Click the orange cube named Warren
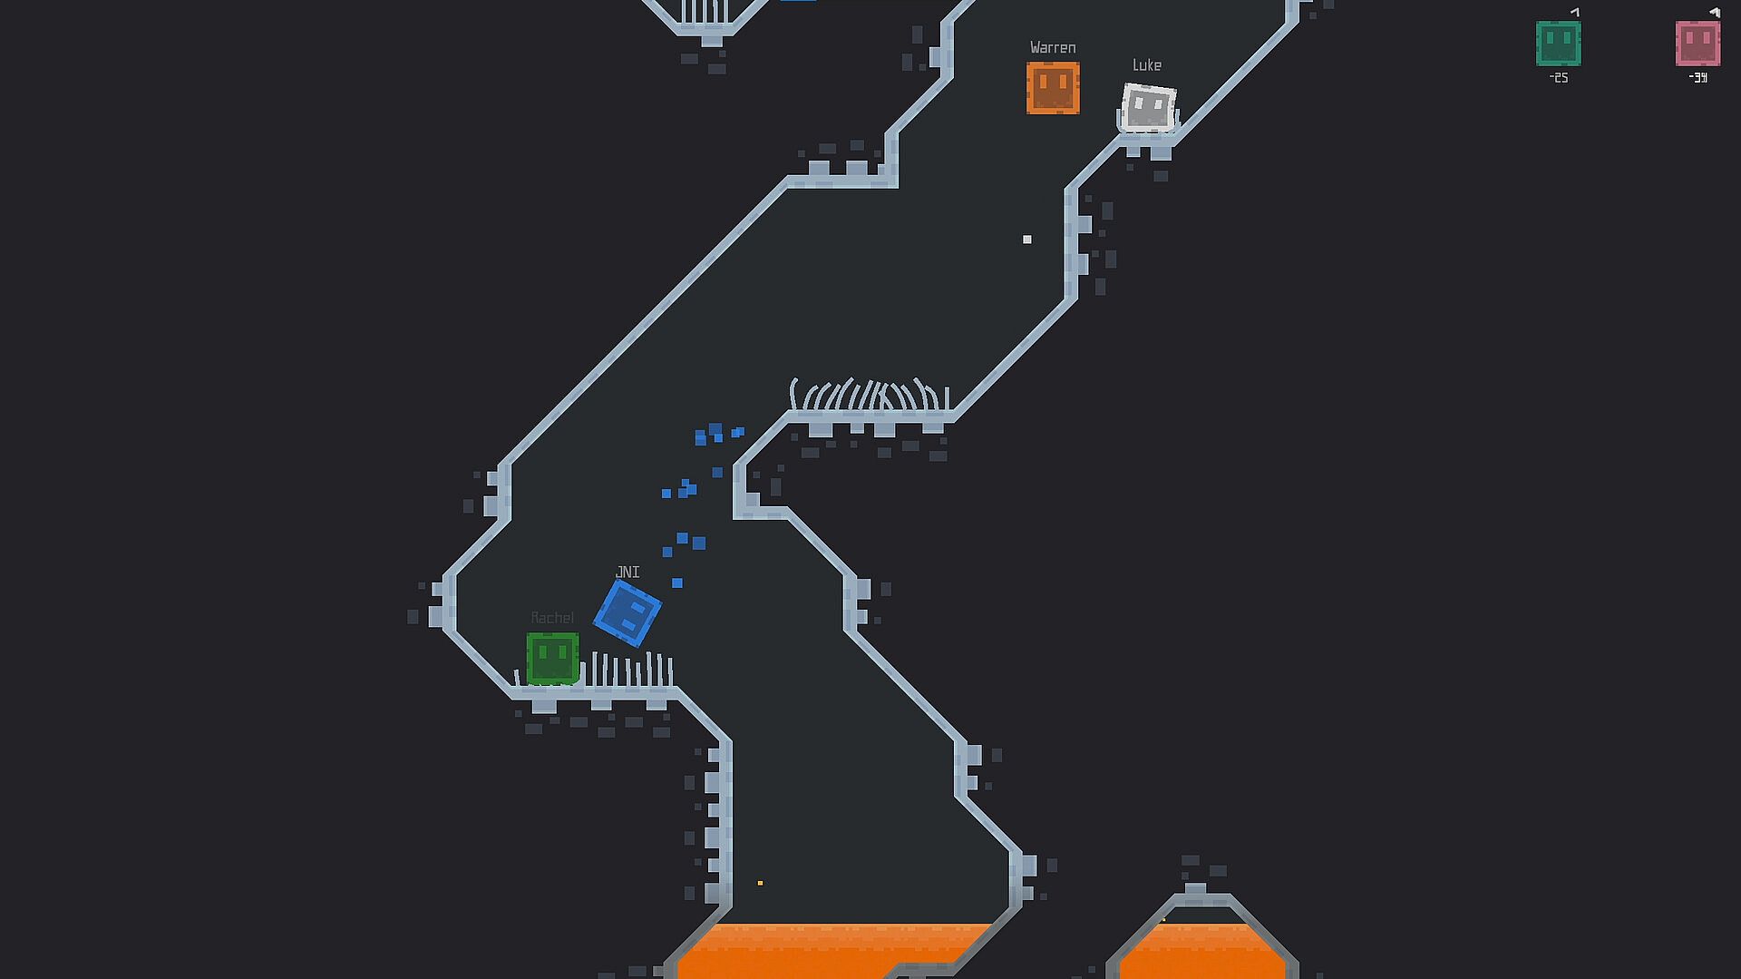1053,88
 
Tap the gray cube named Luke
1148,108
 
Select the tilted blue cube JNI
627,613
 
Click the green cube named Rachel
552,658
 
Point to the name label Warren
1053,48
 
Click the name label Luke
1147,65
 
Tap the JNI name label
627,573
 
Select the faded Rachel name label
552,618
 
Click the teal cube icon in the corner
1558,44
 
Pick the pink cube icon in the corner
1697,44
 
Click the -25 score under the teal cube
1559,78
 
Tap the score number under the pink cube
1698,78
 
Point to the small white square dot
1027,240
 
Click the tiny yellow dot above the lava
760,883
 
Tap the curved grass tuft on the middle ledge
869,396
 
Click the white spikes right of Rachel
630,671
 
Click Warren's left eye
1043,82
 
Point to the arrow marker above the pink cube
1714,13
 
